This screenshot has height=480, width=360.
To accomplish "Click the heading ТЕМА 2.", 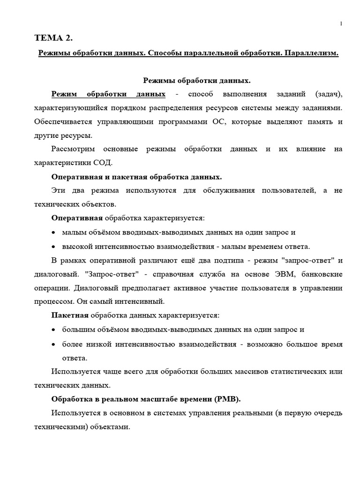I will (x=54, y=38).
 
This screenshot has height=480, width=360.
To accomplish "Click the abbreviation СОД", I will (x=102, y=163).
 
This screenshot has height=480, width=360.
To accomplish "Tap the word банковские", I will (x=322, y=274).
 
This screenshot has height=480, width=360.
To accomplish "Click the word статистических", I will (x=295, y=372).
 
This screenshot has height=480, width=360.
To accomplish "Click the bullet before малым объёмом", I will (x=54, y=233).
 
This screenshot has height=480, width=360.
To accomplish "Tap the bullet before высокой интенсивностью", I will (x=54, y=247).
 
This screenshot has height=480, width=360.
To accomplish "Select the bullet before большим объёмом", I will (x=54, y=330).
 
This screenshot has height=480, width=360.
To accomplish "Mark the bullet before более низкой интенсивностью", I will (x=54, y=345).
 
